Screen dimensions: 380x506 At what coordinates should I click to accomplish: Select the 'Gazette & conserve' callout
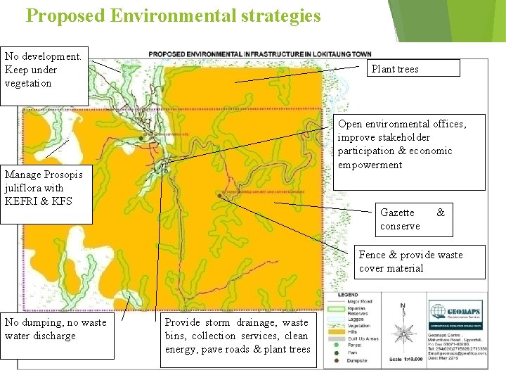(412, 219)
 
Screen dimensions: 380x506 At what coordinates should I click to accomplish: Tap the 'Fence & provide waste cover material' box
(420, 261)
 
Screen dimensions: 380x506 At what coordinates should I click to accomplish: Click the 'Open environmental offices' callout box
(409, 151)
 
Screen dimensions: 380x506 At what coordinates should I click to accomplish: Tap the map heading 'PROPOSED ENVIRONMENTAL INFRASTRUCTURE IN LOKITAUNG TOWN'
(260, 54)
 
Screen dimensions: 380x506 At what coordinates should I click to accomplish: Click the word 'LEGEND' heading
(348, 295)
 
